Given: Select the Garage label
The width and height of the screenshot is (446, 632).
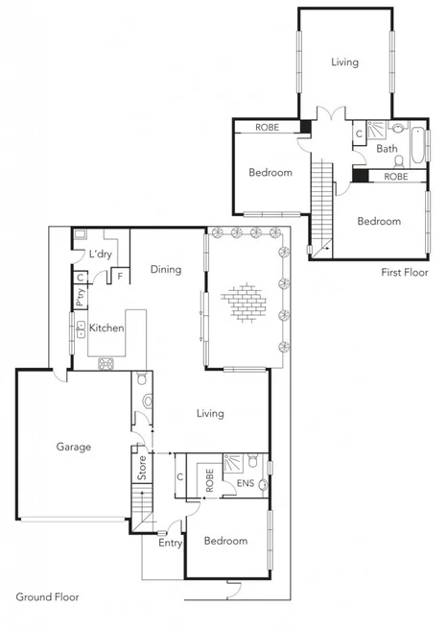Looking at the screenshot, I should click(x=73, y=447).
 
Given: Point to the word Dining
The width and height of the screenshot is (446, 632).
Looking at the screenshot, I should click(x=165, y=270).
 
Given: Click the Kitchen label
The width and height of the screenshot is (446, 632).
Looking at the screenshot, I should click(x=106, y=328).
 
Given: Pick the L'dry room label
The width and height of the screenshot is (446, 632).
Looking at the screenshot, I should click(x=100, y=255).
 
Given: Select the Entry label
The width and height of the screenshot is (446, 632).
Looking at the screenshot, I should click(x=170, y=544).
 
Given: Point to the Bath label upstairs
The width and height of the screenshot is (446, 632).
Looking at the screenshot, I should click(x=387, y=149).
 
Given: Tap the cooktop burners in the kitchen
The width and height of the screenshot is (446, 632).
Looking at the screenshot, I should click(x=106, y=363).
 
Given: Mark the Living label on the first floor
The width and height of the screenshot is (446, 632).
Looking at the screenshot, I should click(x=344, y=62).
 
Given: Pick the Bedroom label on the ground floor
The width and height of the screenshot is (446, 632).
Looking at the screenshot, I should click(x=225, y=541).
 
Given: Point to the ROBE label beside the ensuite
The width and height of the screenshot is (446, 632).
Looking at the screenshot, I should click(x=210, y=480).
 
